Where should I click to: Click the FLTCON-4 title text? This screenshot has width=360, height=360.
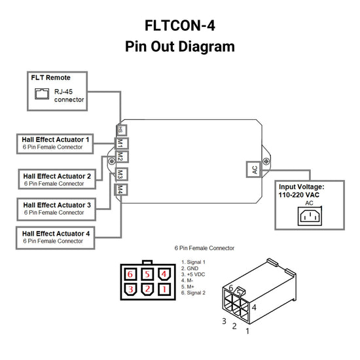pos(179,26)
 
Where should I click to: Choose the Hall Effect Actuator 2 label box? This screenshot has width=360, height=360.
pos(58,179)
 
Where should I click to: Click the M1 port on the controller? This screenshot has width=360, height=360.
pos(120,144)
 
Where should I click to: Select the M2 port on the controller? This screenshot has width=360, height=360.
pos(120,157)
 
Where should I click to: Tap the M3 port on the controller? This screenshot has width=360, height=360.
pos(120,175)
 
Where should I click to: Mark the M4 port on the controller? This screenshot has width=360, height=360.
pos(120,190)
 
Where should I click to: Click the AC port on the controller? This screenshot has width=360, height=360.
pos(254,168)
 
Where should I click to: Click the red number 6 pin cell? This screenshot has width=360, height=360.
pos(131,274)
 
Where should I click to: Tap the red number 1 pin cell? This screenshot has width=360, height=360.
pos(165,289)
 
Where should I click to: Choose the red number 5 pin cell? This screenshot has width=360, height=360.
pos(148,274)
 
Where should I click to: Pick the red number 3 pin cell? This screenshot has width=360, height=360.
pos(131,289)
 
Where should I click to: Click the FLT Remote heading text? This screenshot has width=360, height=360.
pos(50,78)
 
